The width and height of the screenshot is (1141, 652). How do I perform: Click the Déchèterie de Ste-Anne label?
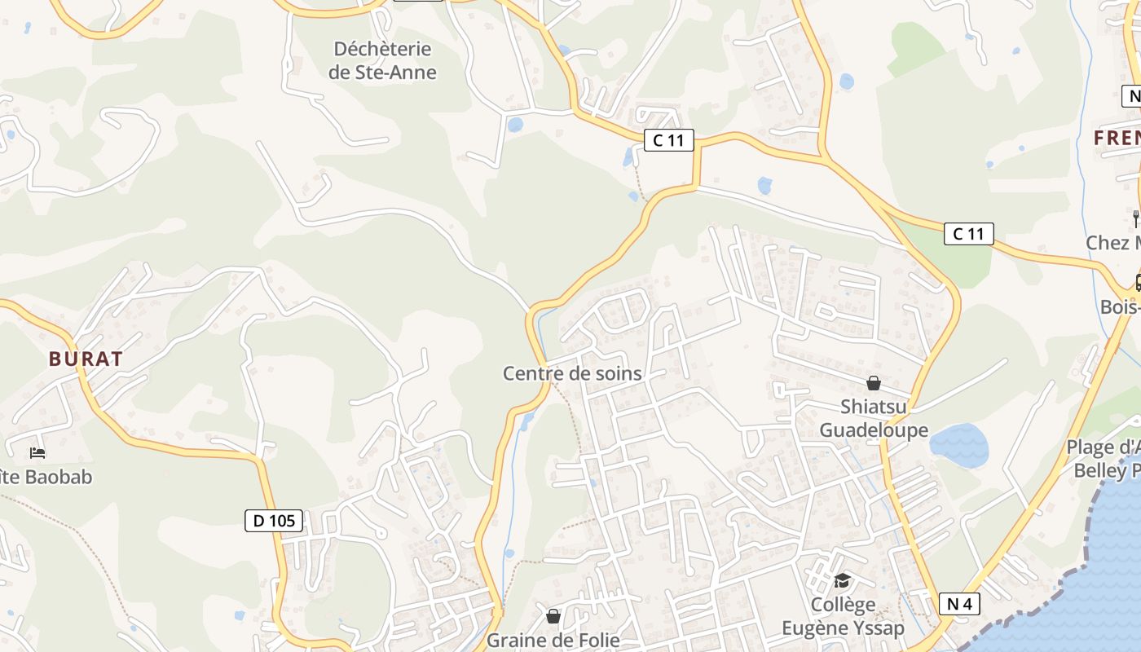tap(382, 60)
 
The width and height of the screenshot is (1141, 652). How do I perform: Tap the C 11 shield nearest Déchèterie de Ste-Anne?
tap(668, 140)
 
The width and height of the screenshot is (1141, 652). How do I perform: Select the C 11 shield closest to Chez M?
tap(969, 234)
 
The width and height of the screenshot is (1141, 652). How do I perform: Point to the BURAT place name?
tap(86, 359)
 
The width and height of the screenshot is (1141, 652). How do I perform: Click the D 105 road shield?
tap(274, 520)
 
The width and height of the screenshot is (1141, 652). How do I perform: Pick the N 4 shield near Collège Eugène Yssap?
tap(959, 604)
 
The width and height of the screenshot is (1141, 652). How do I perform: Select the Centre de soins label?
tap(572, 373)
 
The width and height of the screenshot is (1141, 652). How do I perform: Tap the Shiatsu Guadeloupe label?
tap(874, 418)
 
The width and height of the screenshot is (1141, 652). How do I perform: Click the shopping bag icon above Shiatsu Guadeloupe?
tap(874, 382)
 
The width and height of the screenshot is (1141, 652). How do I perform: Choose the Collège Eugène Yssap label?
tap(844, 616)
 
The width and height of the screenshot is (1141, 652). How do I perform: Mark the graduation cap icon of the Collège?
tap(842, 580)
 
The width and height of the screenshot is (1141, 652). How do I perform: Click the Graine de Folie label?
tap(553, 640)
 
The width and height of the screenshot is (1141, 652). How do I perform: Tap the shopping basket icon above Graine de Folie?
tap(553, 615)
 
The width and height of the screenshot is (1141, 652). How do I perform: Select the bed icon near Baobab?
tap(37, 452)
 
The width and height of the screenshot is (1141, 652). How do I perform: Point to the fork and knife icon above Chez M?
tap(1135, 218)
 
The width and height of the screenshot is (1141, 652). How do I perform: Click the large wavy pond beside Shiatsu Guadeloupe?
tap(959, 446)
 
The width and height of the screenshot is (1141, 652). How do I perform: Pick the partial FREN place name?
tap(1117, 138)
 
